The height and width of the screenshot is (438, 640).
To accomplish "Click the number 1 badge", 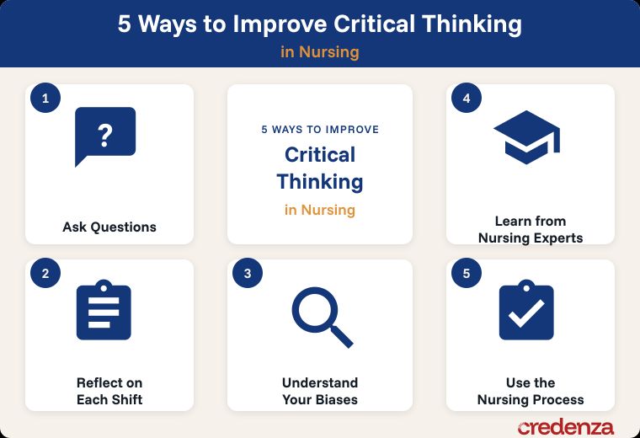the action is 45,98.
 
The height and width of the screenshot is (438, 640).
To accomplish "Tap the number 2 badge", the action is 45,273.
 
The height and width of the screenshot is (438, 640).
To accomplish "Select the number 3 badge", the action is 248,273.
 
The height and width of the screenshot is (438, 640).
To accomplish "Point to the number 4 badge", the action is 467,98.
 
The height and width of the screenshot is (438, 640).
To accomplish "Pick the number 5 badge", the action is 467,273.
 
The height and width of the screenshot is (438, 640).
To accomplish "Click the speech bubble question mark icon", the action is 105,136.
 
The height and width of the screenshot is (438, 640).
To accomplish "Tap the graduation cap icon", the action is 526,137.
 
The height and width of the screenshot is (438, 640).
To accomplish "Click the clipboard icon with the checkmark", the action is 526,310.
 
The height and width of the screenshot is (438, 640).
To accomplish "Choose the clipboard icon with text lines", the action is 104,310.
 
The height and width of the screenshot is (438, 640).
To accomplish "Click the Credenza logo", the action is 565,427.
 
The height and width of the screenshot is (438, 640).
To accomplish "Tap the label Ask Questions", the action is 109,227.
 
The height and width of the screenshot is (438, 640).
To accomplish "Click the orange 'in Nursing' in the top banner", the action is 320,52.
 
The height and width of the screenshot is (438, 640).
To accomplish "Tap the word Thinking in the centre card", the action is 320,182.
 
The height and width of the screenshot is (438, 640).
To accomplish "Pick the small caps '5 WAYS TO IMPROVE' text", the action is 320,130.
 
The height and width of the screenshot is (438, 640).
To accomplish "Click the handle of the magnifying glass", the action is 341,336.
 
